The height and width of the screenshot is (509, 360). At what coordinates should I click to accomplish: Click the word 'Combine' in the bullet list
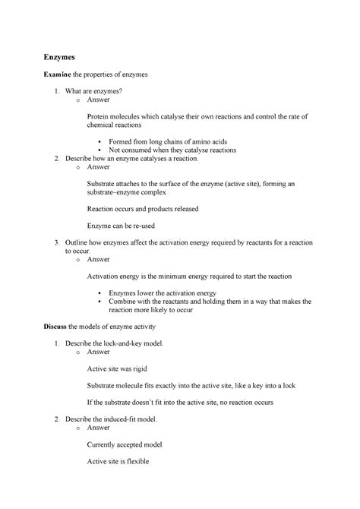126,302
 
